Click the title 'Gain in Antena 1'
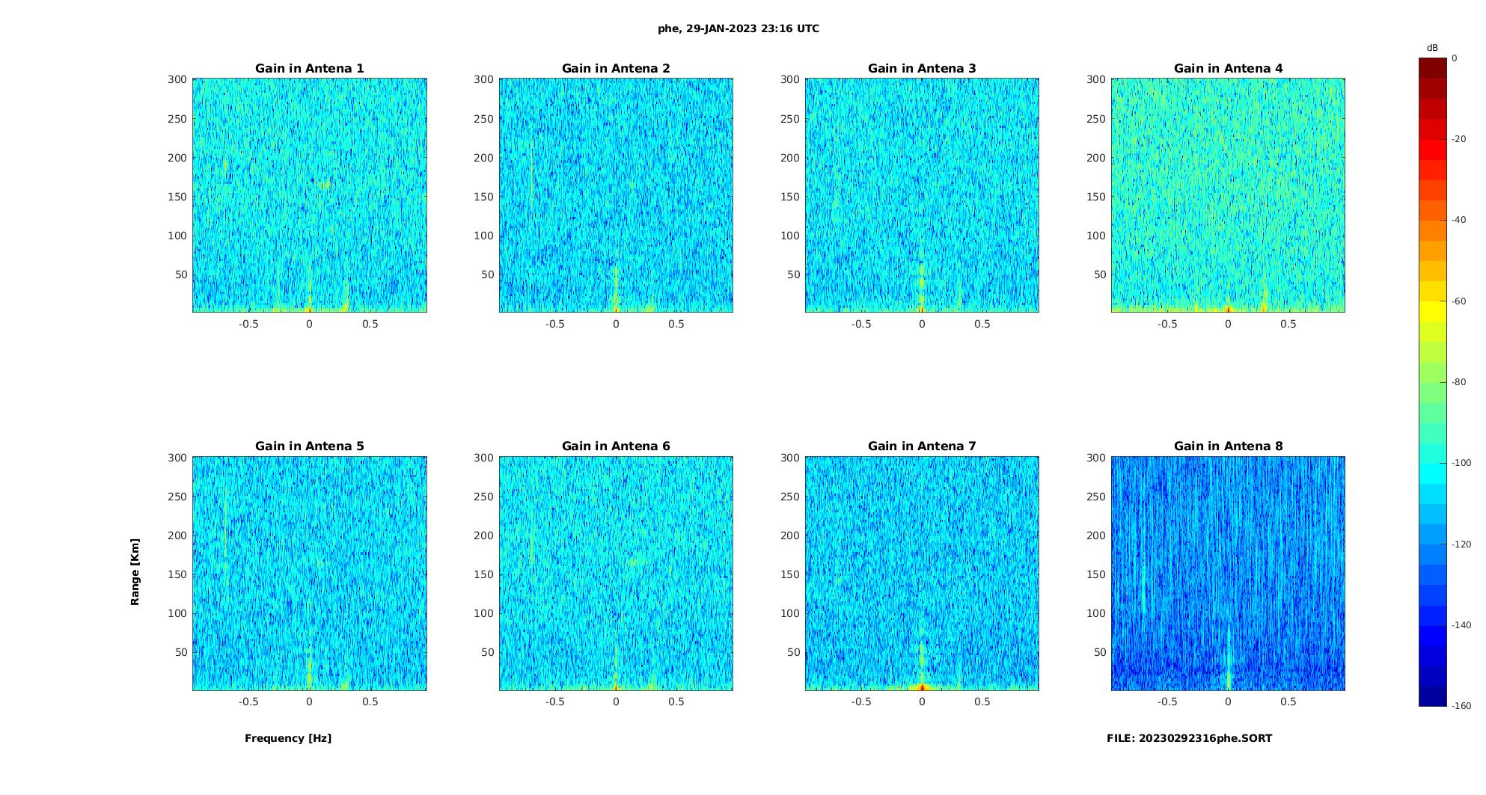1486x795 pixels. point(309,69)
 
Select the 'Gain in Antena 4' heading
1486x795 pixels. point(1228,69)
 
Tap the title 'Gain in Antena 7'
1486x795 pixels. point(922,446)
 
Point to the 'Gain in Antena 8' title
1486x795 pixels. point(1228,446)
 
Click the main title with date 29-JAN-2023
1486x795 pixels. point(739,29)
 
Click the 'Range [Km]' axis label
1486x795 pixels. point(135,572)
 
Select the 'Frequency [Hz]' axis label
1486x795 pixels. point(288,738)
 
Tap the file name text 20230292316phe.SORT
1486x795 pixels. point(1189,738)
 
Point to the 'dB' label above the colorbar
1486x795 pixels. point(1432,48)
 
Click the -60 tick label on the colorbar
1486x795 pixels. point(1459,301)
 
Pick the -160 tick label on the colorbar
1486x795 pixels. point(1461,706)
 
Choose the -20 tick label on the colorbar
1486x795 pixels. point(1459,139)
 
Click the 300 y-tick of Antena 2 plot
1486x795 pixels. point(483,80)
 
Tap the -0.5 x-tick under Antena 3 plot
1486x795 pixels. point(861,325)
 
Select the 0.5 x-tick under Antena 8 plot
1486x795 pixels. point(1288,702)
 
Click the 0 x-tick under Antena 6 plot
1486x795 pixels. point(616,702)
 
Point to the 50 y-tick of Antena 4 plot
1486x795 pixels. point(1100,275)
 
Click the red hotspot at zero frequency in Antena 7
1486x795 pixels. point(922,687)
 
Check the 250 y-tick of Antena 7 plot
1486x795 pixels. point(790,497)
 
